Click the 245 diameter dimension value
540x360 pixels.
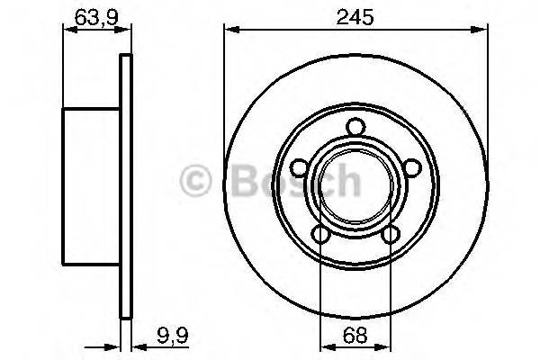point(355,16)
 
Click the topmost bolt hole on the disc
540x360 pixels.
point(355,126)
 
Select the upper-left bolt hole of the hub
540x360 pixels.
point(298,167)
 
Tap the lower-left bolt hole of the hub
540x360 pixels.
point(319,235)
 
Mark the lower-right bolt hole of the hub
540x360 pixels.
point(390,235)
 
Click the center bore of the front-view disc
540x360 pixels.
point(355,185)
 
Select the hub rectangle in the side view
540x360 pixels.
point(91,186)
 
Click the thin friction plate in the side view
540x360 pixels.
point(126,186)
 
